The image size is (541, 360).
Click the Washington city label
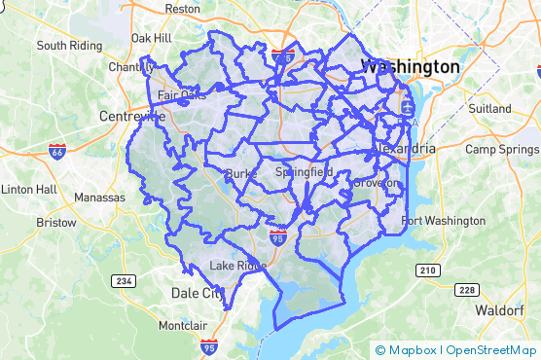[410, 67]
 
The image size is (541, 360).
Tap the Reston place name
[182, 8]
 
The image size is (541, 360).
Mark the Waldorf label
[500, 310]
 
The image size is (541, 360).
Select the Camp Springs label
[502, 149]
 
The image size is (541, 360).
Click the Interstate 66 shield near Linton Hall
[56, 151]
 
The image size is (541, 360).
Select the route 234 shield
[124, 281]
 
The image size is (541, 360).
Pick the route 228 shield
[467, 289]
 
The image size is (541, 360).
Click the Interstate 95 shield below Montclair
[208, 346]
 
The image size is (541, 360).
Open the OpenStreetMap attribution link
[490, 349]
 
